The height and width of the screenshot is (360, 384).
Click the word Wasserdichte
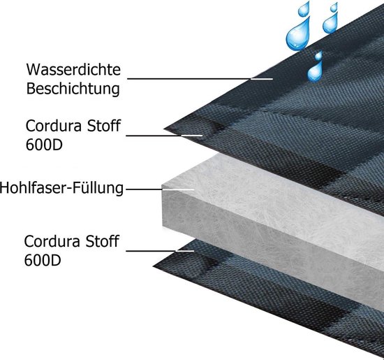(x=73, y=70)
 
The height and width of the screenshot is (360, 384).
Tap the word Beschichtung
(x=73, y=89)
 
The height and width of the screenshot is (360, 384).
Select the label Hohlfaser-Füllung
(x=61, y=188)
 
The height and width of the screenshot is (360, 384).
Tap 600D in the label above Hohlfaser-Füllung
(x=44, y=145)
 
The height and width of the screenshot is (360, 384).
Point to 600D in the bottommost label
(x=43, y=260)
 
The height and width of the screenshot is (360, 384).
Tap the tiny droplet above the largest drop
(x=304, y=8)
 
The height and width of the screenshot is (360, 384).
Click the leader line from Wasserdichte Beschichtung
(x=200, y=79)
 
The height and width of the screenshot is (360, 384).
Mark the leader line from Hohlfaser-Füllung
(x=160, y=189)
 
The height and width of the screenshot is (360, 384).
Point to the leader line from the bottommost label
(x=160, y=251)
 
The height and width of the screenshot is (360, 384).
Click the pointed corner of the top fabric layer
(x=164, y=129)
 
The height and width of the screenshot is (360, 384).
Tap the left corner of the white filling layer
(x=162, y=187)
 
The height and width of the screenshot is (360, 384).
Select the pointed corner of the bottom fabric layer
(x=154, y=266)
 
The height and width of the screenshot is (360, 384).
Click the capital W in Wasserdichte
(x=33, y=70)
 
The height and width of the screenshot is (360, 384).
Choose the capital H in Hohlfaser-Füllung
(x=4, y=188)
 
